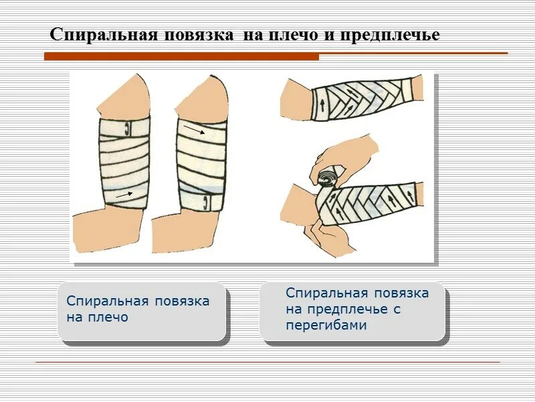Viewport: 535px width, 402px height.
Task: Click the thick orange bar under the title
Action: coord(181,57)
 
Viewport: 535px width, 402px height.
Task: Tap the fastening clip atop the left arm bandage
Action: coord(125,125)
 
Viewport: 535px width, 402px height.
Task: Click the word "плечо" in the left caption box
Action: coord(107,317)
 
